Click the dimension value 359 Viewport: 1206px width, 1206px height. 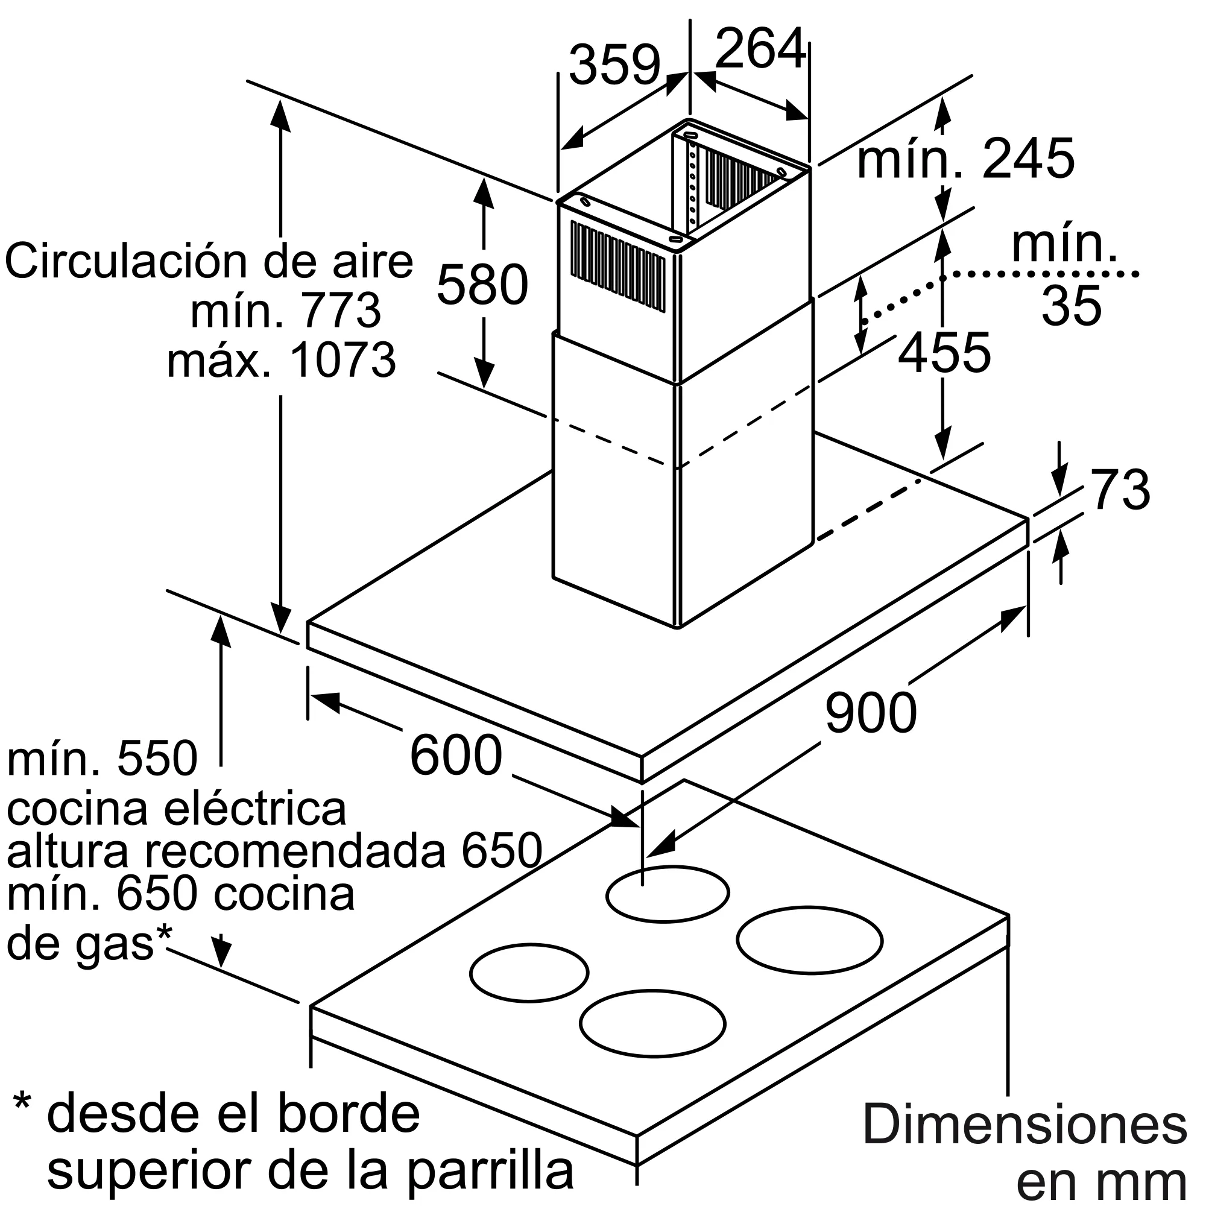(614, 65)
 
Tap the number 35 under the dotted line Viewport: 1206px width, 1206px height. (1071, 305)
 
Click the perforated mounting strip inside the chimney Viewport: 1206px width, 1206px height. (692, 184)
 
